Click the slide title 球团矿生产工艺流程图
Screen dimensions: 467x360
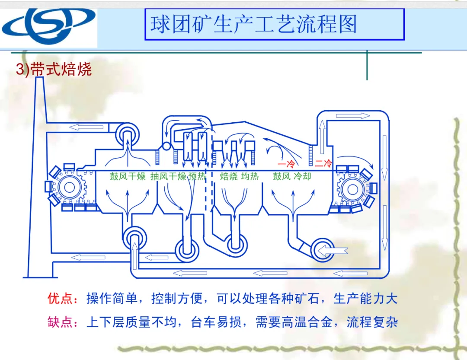pyautogui.click(x=254, y=24)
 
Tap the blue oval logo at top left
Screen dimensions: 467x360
pyautogui.click(x=48, y=25)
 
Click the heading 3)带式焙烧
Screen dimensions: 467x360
pyautogui.click(x=54, y=70)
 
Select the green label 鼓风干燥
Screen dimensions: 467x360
pyautogui.click(x=128, y=176)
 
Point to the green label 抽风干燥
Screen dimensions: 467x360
pyautogui.click(x=168, y=176)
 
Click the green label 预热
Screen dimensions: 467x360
pyautogui.click(x=197, y=176)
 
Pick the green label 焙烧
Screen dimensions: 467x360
pyautogui.click(x=228, y=176)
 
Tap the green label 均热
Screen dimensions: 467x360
pyautogui.click(x=250, y=176)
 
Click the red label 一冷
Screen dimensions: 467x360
pyautogui.click(x=286, y=164)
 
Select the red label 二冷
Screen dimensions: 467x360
pyautogui.click(x=323, y=163)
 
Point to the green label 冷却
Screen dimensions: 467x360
pyautogui.click(x=302, y=176)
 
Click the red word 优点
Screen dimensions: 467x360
pyautogui.click(x=60, y=299)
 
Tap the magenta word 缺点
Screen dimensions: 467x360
pyautogui.click(x=60, y=322)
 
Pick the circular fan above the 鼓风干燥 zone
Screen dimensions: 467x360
pyautogui.click(x=128, y=134)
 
